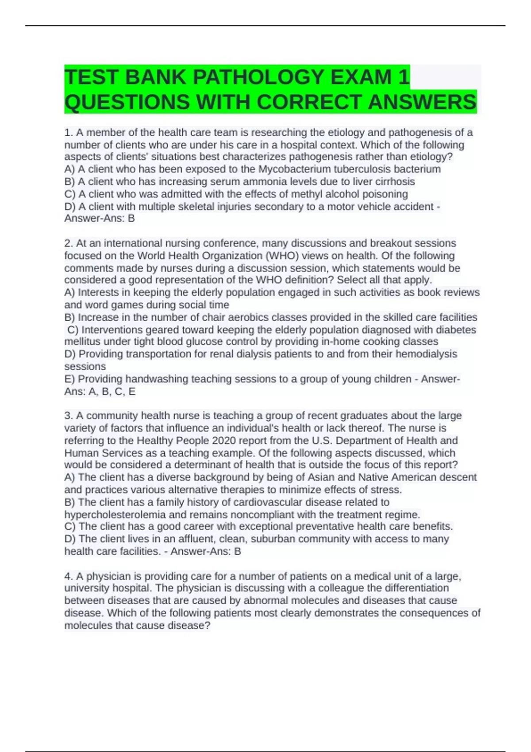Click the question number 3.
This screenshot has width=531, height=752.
click(x=68, y=416)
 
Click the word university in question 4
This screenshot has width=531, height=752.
click(x=87, y=588)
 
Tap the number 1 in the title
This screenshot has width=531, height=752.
click(x=403, y=77)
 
